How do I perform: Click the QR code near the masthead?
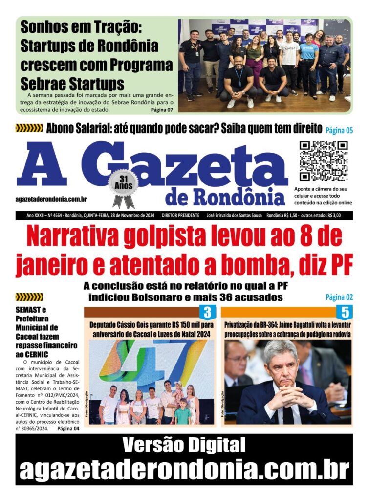click(x=323, y=161)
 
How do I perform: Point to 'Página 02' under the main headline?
click(x=339, y=297)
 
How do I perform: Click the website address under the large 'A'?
click(x=51, y=199)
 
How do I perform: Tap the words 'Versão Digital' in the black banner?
click(x=184, y=445)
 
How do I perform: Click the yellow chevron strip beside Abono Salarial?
click(x=29, y=129)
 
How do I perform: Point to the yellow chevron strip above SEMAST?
click(x=29, y=297)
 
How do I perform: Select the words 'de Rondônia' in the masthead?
click(x=225, y=197)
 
